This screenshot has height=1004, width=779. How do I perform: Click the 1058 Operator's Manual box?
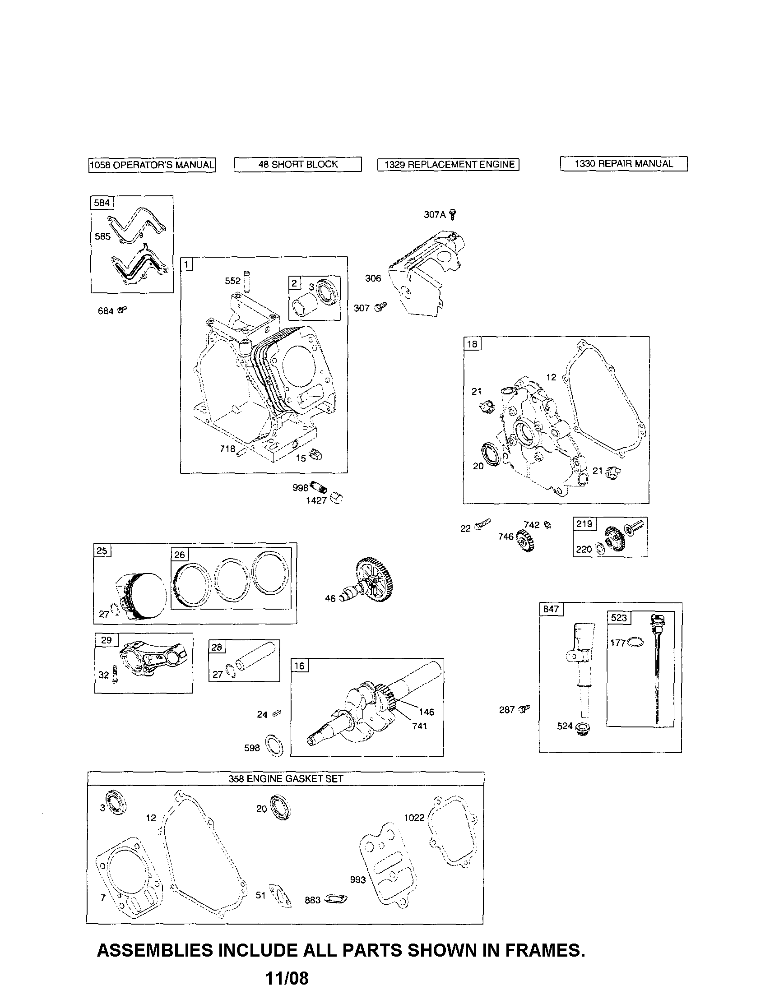click(x=152, y=165)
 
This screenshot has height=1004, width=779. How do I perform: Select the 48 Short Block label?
click(x=297, y=165)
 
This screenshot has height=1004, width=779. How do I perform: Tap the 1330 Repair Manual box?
click(x=624, y=164)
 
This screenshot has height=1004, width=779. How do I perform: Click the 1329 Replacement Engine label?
click(x=448, y=165)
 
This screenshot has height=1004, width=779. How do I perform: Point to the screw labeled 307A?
click(x=454, y=214)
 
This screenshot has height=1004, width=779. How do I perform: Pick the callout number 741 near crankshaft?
click(x=419, y=726)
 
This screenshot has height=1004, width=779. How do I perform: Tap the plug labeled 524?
click(x=583, y=729)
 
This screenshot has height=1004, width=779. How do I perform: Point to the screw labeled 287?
click(x=524, y=709)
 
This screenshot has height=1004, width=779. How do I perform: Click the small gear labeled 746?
click(x=525, y=540)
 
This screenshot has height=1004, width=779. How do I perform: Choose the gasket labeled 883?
click(x=336, y=899)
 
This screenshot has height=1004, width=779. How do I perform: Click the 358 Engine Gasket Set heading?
click(x=286, y=779)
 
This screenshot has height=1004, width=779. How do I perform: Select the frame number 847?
click(x=551, y=609)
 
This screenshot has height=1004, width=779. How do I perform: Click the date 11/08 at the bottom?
click(x=287, y=978)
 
